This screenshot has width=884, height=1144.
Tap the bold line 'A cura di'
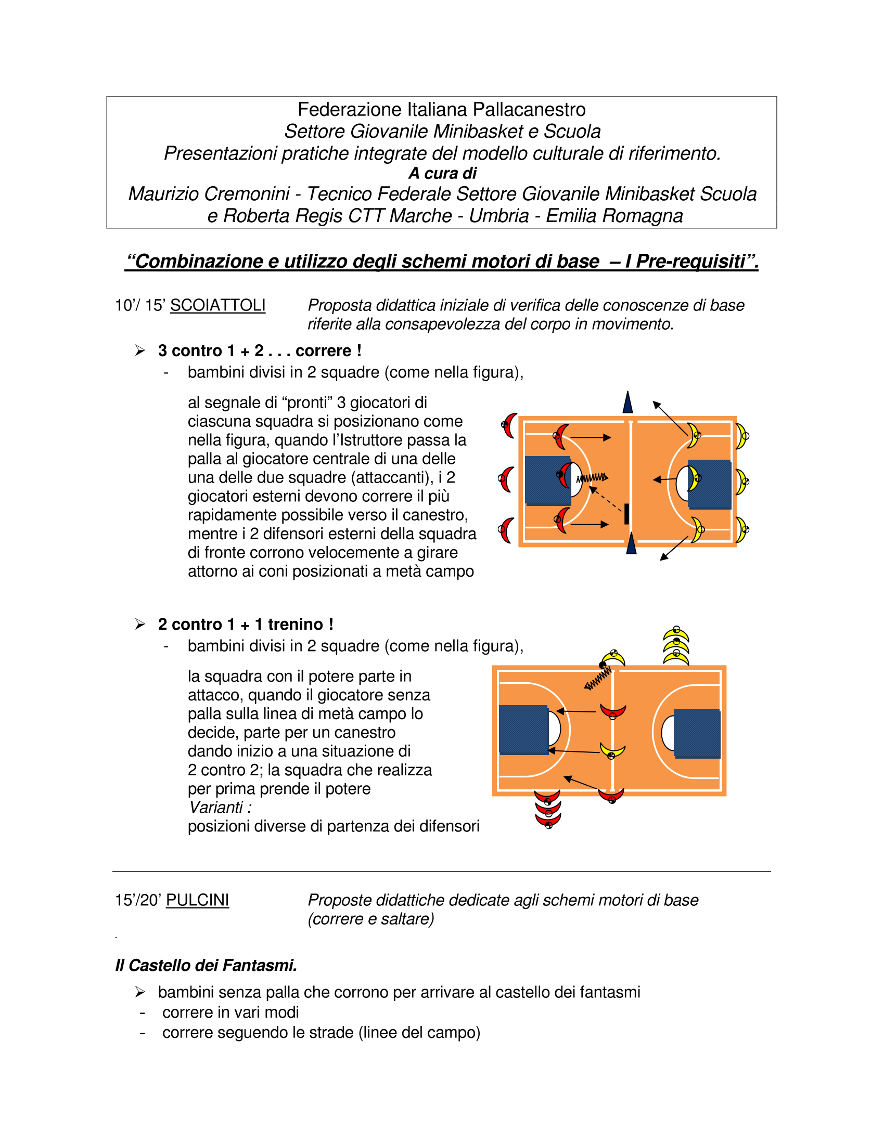point(442,173)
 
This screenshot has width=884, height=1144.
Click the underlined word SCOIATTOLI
point(217,305)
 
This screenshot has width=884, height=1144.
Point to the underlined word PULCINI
point(198,900)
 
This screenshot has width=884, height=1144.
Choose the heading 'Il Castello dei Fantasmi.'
point(206,965)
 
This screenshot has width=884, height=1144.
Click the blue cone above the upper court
point(627,402)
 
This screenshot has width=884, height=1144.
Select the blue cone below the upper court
point(631,543)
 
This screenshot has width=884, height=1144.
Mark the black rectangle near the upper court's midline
point(626,514)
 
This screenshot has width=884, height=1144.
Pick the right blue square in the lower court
point(697,733)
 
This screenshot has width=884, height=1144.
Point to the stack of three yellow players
point(676,645)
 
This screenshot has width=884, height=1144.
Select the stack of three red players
point(548,809)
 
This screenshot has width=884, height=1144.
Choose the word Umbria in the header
point(498,216)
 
